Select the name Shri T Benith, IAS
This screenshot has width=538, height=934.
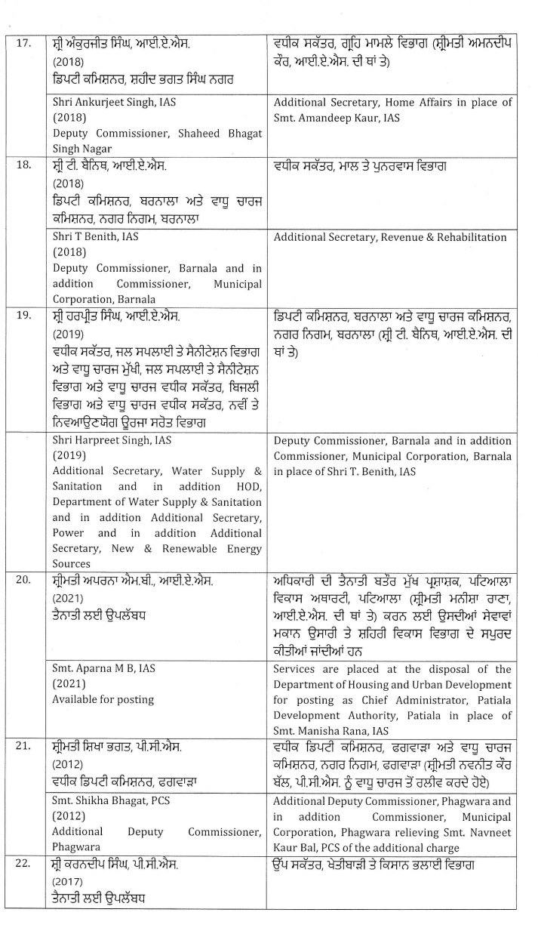tap(91, 236)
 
